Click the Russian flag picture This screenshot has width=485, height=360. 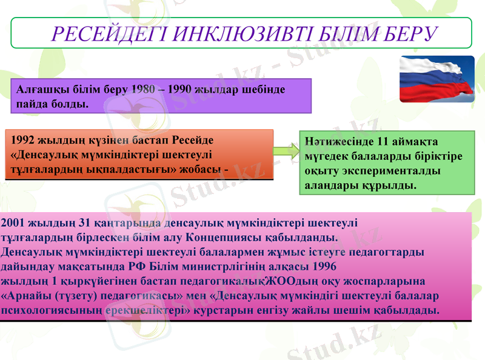[437, 79]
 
